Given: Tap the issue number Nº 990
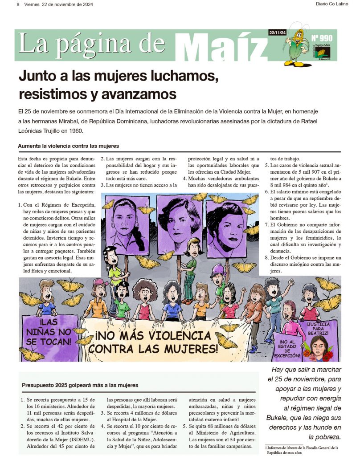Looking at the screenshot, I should coord(321,38).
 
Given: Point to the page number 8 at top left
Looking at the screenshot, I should coord(18,4).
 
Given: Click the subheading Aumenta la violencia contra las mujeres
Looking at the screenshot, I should coord(68,146).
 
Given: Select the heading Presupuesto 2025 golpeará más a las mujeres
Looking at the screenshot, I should coord(80,385).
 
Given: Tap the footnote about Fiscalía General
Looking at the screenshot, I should coord(302,450).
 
